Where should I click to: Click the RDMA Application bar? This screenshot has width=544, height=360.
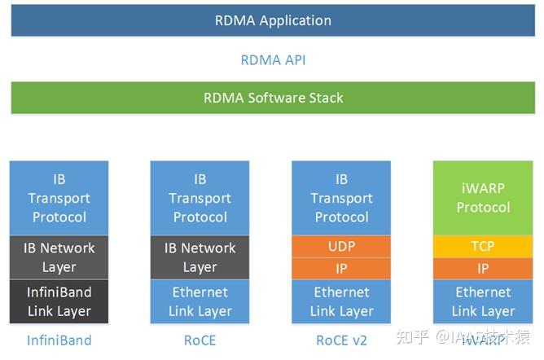pyautogui.click(x=272, y=20)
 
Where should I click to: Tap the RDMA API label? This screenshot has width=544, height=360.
pyautogui.click(x=273, y=60)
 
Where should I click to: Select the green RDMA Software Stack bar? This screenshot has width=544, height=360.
pyautogui.click(x=272, y=98)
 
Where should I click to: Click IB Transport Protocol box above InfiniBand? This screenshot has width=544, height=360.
pyautogui.click(x=59, y=198)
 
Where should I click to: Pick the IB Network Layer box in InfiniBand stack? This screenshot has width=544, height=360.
pyautogui.click(x=59, y=257)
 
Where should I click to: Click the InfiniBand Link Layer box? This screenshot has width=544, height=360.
pyautogui.click(x=59, y=301)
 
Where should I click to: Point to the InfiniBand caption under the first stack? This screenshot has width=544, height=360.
pyautogui.click(x=59, y=340)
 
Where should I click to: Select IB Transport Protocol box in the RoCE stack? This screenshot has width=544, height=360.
pyautogui.click(x=200, y=198)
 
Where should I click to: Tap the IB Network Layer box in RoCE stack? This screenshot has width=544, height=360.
pyautogui.click(x=200, y=257)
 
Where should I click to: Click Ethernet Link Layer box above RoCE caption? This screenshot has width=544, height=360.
pyautogui.click(x=200, y=301)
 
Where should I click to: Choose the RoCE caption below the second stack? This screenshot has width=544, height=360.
pyautogui.click(x=200, y=340)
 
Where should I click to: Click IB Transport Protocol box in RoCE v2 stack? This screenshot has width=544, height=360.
pyautogui.click(x=341, y=198)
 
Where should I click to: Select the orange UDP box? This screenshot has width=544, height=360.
pyautogui.click(x=341, y=246)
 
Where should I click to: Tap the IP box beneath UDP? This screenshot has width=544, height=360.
pyautogui.click(x=341, y=268)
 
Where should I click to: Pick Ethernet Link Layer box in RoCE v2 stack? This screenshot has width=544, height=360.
pyautogui.click(x=341, y=301)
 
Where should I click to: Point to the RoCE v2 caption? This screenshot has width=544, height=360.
pyautogui.click(x=341, y=340)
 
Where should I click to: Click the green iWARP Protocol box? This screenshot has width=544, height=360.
pyautogui.click(x=483, y=198)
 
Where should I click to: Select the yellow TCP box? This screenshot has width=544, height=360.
pyautogui.click(x=483, y=246)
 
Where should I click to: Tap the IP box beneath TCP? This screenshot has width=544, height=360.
pyautogui.click(x=483, y=268)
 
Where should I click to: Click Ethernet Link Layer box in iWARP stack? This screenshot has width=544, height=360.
pyautogui.click(x=483, y=301)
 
